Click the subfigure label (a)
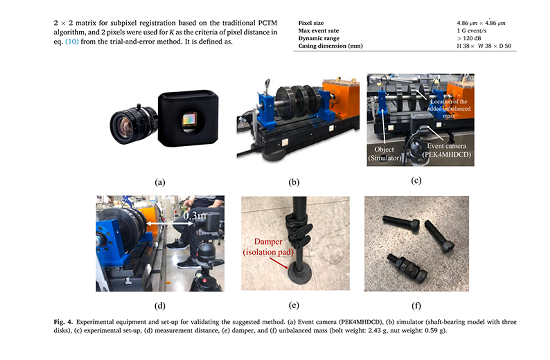pos(160,182)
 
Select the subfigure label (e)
pos(294,305)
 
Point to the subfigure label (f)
pos(416,305)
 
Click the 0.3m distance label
pos(195,216)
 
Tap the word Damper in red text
pos(268,241)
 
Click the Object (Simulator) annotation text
pos(384,154)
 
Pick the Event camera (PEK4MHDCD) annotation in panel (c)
pos(447,150)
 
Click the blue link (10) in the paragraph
pos(72,42)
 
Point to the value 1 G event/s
pos(471,31)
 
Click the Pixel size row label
pos(311,23)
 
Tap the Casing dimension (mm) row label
pos(330,46)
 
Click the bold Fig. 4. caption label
pos(63,322)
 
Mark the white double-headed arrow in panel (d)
pos(170,224)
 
